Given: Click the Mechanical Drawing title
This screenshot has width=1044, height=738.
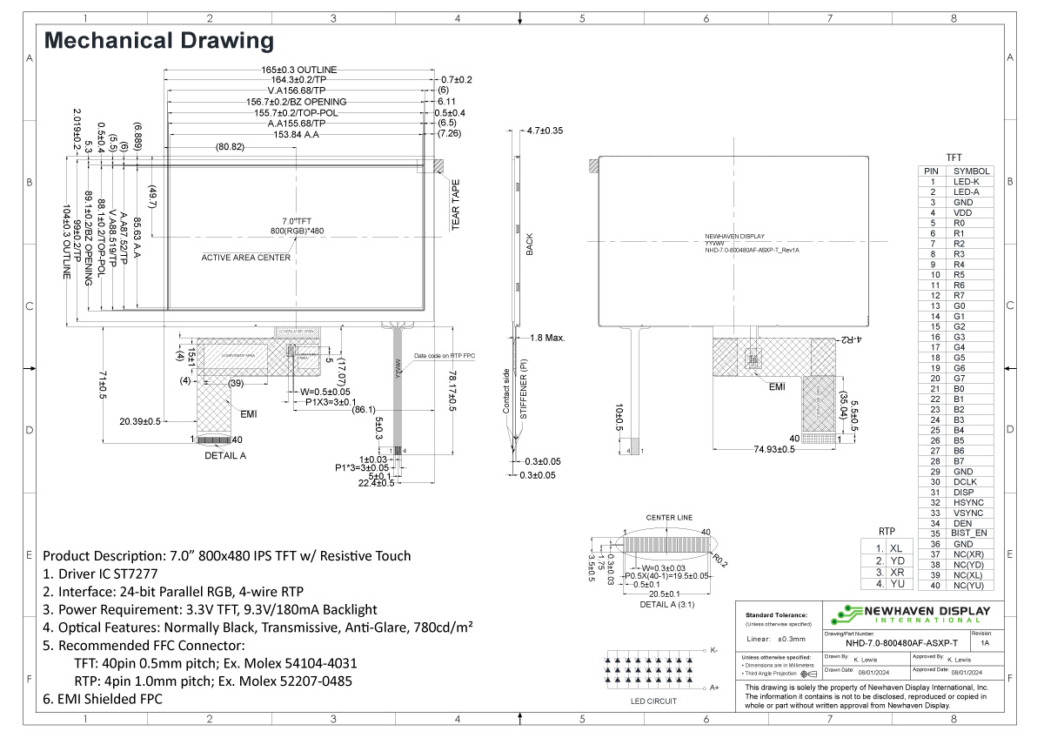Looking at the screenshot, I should (x=158, y=40).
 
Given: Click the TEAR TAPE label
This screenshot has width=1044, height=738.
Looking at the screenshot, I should (x=455, y=205).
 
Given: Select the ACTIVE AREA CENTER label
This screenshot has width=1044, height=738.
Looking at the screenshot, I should (x=246, y=258).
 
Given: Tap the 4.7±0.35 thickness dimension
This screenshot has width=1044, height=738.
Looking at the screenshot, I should (x=545, y=131).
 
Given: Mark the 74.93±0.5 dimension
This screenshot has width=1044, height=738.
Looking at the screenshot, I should (x=769, y=449).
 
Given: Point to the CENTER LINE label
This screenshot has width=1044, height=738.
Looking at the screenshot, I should (x=668, y=518).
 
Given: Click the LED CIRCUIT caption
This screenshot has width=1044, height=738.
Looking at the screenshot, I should (x=653, y=701).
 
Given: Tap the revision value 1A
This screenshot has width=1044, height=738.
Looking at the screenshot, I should (x=984, y=643).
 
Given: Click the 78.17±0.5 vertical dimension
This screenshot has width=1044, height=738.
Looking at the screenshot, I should (x=452, y=387).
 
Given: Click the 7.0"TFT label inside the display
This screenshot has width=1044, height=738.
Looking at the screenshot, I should (x=297, y=220).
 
